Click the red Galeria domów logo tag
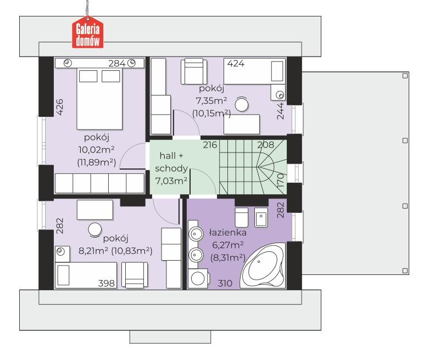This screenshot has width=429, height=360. (x=87, y=32)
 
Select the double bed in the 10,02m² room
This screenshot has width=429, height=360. (x=99, y=99)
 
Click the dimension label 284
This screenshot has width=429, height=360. (x=117, y=64)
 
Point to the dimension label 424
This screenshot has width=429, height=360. (x=236, y=64)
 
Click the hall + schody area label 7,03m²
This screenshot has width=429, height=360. (x=171, y=181)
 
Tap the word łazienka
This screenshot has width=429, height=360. (x=227, y=233)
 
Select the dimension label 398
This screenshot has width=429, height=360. (x=107, y=283)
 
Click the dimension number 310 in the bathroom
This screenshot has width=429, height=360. (x=225, y=283)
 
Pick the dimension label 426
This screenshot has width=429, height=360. (x=59, y=107)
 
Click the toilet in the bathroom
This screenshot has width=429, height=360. (x=242, y=217)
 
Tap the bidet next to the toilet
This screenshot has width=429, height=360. (x=261, y=217)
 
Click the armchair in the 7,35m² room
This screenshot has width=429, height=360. (x=194, y=71)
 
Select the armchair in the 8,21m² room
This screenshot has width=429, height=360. (x=135, y=275)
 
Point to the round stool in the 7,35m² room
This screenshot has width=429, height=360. (x=242, y=104)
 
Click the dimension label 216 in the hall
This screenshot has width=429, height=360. (x=210, y=145)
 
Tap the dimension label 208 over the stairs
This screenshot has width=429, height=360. (x=265, y=145)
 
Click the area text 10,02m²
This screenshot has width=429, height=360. (x=96, y=149)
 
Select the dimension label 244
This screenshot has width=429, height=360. (x=281, y=111)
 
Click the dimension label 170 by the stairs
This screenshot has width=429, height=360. (x=281, y=180)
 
